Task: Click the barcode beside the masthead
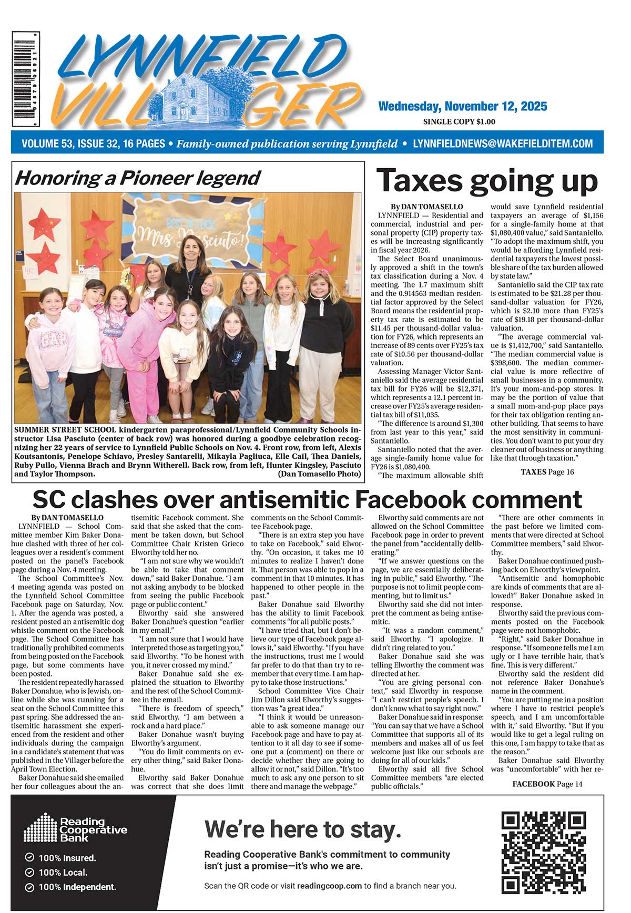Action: [x=26, y=79]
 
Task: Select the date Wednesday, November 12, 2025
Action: [x=462, y=107]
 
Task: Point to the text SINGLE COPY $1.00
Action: [x=459, y=122]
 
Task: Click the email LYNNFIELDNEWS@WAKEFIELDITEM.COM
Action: [x=503, y=143]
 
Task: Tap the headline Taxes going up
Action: [x=487, y=181]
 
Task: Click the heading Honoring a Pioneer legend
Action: [x=138, y=178]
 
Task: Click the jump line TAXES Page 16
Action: [x=547, y=471]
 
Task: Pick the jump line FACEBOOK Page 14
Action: [x=547, y=784]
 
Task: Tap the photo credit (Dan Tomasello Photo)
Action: [x=319, y=474]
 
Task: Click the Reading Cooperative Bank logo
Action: [x=76, y=829]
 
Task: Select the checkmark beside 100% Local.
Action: [x=29, y=873]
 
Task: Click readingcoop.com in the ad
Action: [x=329, y=886]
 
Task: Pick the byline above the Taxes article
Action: [x=426, y=207]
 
